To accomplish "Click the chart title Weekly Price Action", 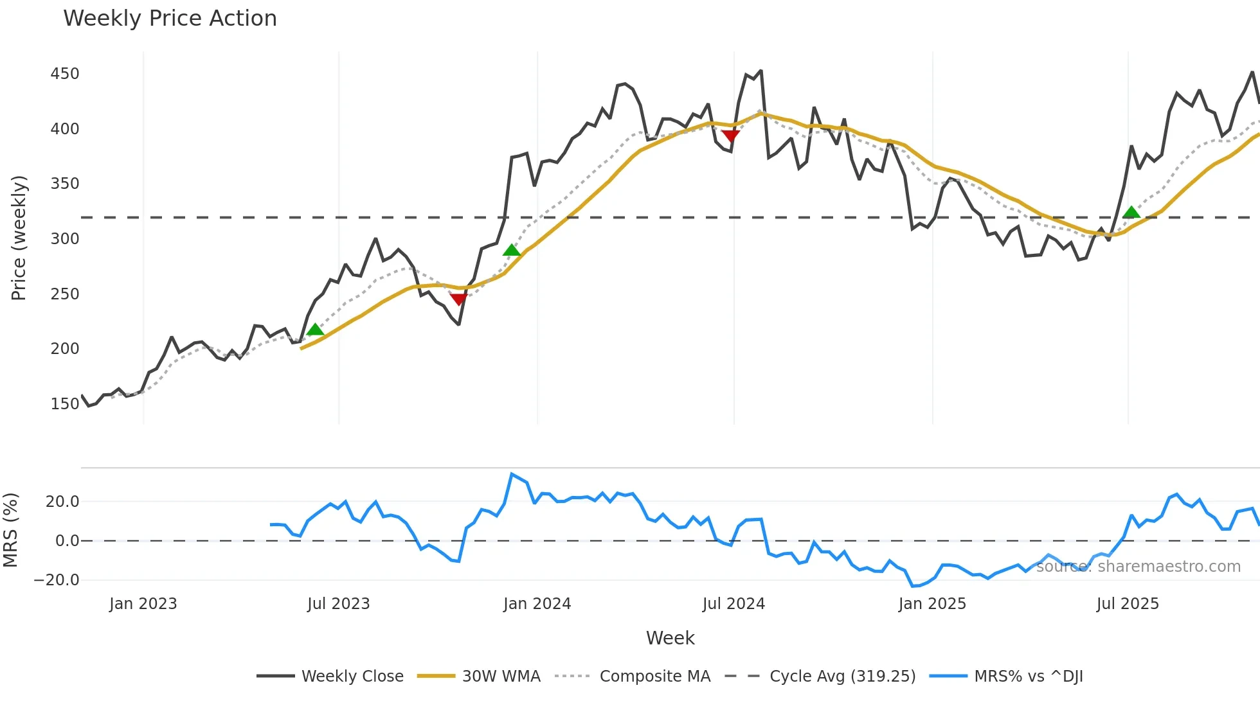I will (x=170, y=19).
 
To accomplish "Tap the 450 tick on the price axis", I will (x=65, y=74).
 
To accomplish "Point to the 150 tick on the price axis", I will (x=65, y=404).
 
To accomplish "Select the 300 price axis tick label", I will (x=65, y=239).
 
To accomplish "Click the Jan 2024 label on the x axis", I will (x=537, y=604).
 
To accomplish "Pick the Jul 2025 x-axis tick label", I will (x=1128, y=604).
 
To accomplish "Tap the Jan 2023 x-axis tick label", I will (x=143, y=604).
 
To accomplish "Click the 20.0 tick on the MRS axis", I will (x=62, y=502).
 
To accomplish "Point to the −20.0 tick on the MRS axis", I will (x=57, y=580).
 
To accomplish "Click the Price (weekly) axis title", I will (x=19, y=238).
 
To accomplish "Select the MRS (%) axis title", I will (x=10, y=530).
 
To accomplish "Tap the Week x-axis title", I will (x=670, y=638).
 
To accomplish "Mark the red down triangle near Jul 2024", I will (x=730, y=136).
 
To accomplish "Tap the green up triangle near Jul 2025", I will (x=1131, y=213).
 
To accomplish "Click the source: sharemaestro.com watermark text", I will (x=1138, y=567).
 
